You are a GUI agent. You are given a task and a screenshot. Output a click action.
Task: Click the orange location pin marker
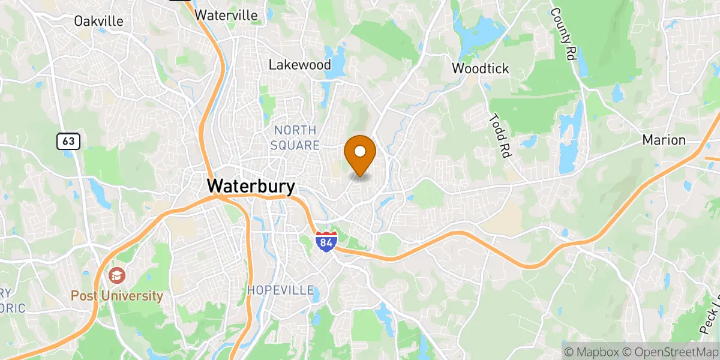click(360, 154)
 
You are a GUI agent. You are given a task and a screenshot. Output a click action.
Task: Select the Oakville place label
click(99, 21)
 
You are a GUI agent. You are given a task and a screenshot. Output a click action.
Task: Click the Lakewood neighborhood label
click(299, 64)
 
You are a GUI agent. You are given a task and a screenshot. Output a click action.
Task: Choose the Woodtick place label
click(480, 68)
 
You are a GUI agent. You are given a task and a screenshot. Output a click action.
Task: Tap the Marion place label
click(664, 140)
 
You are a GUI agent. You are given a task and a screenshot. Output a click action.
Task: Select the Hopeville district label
click(281, 290)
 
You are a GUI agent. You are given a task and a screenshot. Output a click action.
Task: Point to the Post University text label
click(117, 296)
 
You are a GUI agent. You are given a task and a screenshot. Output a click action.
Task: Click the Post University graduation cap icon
click(116, 276)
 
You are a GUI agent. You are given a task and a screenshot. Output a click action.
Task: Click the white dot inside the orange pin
click(360, 151)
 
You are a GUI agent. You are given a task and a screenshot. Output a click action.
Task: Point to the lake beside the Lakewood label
click(337, 60)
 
